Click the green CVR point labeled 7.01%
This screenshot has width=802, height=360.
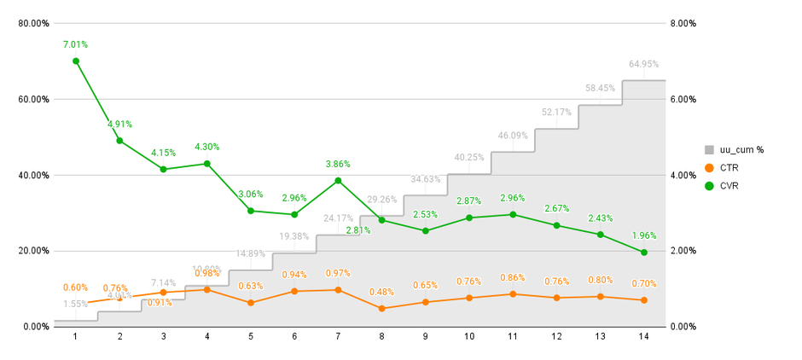76,61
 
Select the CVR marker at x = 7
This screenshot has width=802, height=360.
338,181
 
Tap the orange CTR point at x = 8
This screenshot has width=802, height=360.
381,308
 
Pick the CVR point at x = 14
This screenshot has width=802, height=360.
643,253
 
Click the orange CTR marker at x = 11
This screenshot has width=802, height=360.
513,294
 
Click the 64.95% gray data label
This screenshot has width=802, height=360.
643,64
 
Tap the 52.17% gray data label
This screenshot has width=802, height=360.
556,113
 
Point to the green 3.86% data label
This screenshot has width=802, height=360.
338,164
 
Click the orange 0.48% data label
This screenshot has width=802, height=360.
381,292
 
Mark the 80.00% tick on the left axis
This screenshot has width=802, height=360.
33,24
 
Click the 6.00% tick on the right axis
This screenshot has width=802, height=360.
683,100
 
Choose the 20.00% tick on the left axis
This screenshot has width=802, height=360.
33,251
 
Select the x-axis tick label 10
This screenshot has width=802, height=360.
469,337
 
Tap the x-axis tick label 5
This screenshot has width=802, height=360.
251,337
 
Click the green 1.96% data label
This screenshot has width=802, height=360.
643,235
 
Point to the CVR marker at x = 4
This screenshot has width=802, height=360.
207,164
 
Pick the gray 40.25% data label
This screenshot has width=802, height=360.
469,158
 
